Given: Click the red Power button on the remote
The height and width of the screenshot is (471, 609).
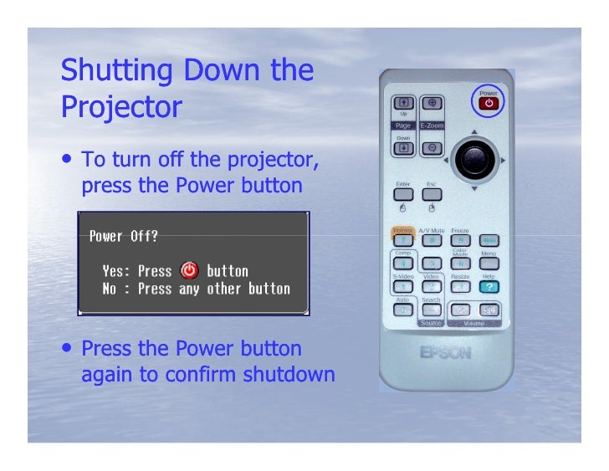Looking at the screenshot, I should coord(488,104).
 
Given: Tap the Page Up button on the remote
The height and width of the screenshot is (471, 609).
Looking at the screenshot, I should coord(403,103).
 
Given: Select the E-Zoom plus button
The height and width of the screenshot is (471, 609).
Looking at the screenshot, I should coord(432,103).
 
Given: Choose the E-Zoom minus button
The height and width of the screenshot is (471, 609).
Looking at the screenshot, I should coord(432,148).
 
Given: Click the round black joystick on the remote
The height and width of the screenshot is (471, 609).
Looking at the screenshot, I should coord(474,159).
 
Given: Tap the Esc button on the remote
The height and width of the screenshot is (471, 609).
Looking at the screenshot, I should coord(431,194).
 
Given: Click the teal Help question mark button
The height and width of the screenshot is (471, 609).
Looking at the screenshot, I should coord(488,286).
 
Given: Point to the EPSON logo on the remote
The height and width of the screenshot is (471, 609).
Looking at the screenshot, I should coord(445,352).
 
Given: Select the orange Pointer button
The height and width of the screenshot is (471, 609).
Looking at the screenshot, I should coord(404,239).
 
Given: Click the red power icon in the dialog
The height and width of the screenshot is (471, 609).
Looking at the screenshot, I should coord(189,270).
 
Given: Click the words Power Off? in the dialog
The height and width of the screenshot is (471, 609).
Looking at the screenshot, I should coord(123,236).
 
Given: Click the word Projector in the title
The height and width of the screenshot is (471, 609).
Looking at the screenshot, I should coord(120,107).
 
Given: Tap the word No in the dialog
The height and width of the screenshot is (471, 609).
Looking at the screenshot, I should coord(110,289).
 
